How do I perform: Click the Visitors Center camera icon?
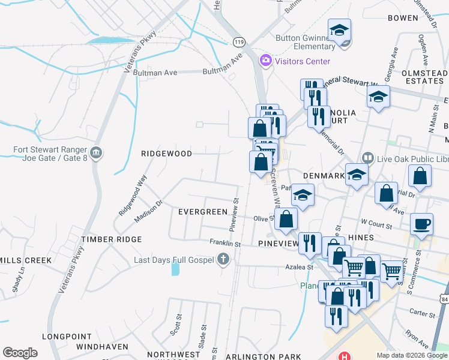pyautogui.click(x=265, y=61)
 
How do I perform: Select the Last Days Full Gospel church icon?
pyautogui.click(x=223, y=260)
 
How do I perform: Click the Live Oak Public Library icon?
pyautogui.click(x=367, y=159)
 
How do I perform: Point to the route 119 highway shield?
pyautogui.click(x=239, y=41)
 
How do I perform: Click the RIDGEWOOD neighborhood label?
pyautogui.click(x=166, y=154)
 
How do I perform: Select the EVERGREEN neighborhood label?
pyautogui.click(x=203, y=212)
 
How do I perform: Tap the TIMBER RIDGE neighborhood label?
pyautogui.click(x=112, y=239)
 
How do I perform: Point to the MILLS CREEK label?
pyautogui.click(x=26, y=260)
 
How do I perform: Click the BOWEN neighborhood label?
pyautogui.click(x=402, y=18)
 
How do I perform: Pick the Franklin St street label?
pyautogui.click(x=225, y=244)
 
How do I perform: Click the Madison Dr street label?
pyautogui.click(x=148, y=212)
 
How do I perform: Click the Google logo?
pyautogui.click(x=20, y=353)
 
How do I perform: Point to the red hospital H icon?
pyautogui.click(x=345, y=356)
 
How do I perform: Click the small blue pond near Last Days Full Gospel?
pyautogui.click(x=175, y=268)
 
